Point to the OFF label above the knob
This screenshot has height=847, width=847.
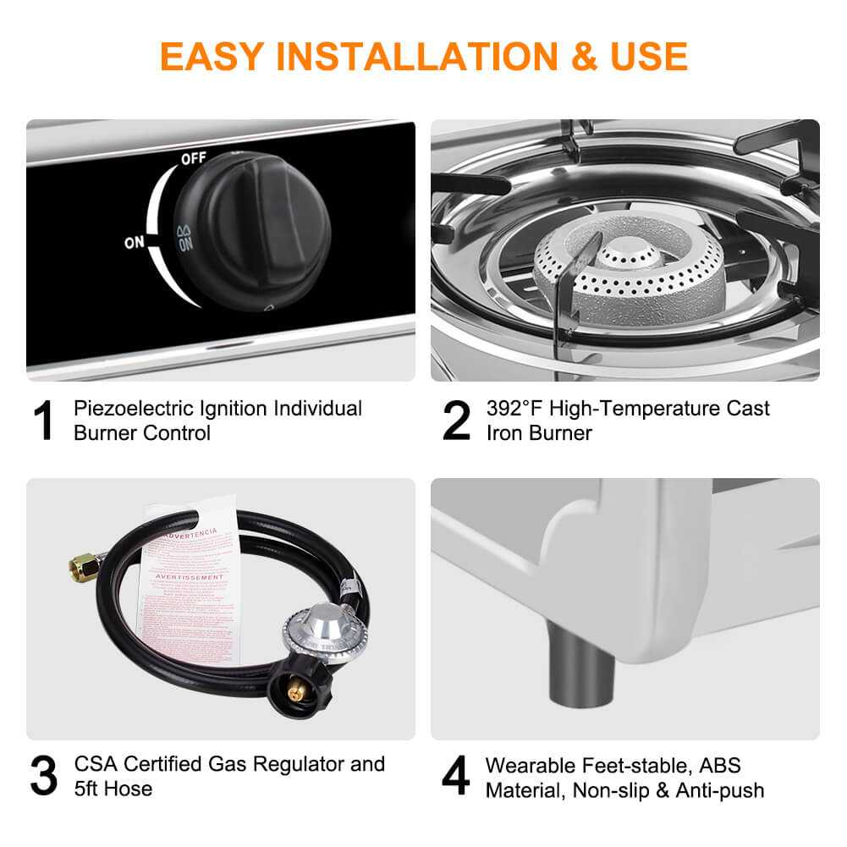[193, 159]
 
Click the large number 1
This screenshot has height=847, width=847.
[42, 421]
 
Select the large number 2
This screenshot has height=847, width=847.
[456, 421]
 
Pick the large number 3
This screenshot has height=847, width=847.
[43, 776]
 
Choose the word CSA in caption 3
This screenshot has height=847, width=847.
[95, 765]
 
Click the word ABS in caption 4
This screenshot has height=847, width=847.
[718, 766]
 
